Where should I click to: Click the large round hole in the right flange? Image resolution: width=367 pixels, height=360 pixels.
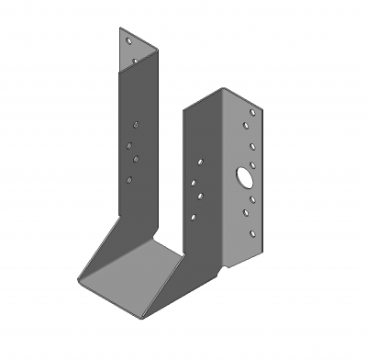(x=246, y=175)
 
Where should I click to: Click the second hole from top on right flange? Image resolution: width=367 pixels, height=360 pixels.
(x=251, y=129)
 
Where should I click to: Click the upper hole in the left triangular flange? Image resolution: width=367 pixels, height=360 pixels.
(x=129, y=42)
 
